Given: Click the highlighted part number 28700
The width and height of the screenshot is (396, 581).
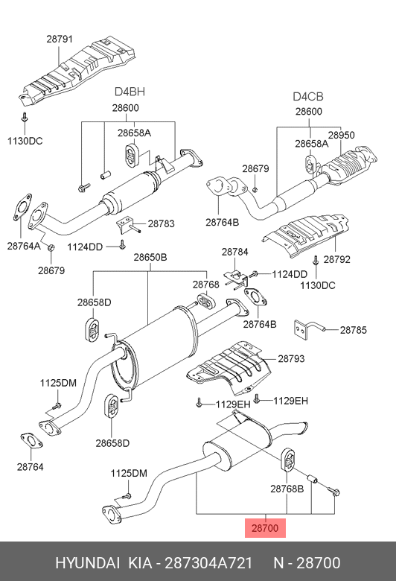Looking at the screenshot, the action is pos(265,528).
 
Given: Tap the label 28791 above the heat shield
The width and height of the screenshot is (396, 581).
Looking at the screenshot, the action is pos(60,39).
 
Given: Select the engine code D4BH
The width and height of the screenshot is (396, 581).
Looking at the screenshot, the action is pos(130,92).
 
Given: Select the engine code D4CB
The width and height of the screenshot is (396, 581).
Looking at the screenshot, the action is pos(308,97).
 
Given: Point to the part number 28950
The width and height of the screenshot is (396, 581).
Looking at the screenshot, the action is pos(341,136).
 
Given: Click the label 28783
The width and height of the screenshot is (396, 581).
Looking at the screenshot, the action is pos(161,223).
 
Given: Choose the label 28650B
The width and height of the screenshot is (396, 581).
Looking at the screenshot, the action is pos(150,257).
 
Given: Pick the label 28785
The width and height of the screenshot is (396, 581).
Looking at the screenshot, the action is pos(354,330).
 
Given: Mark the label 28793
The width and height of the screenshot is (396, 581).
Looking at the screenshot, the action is pos(291,358).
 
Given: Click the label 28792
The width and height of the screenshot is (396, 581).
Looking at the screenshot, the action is pos(336,259).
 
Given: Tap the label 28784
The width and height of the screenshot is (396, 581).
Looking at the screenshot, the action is pos(235,252).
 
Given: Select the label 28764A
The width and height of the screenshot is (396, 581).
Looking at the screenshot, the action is pos(24,246).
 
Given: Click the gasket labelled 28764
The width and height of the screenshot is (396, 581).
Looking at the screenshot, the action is pos(31,440).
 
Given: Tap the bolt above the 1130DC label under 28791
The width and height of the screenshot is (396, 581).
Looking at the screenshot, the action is pos(25,118).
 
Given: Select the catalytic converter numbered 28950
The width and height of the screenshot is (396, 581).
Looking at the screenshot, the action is pos(349,165).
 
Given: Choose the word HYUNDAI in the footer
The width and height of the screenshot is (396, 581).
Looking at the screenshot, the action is pos(87,563).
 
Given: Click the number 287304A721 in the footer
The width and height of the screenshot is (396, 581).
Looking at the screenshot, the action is pos(208,563).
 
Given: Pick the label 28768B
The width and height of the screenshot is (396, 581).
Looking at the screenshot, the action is pos(287,489).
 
